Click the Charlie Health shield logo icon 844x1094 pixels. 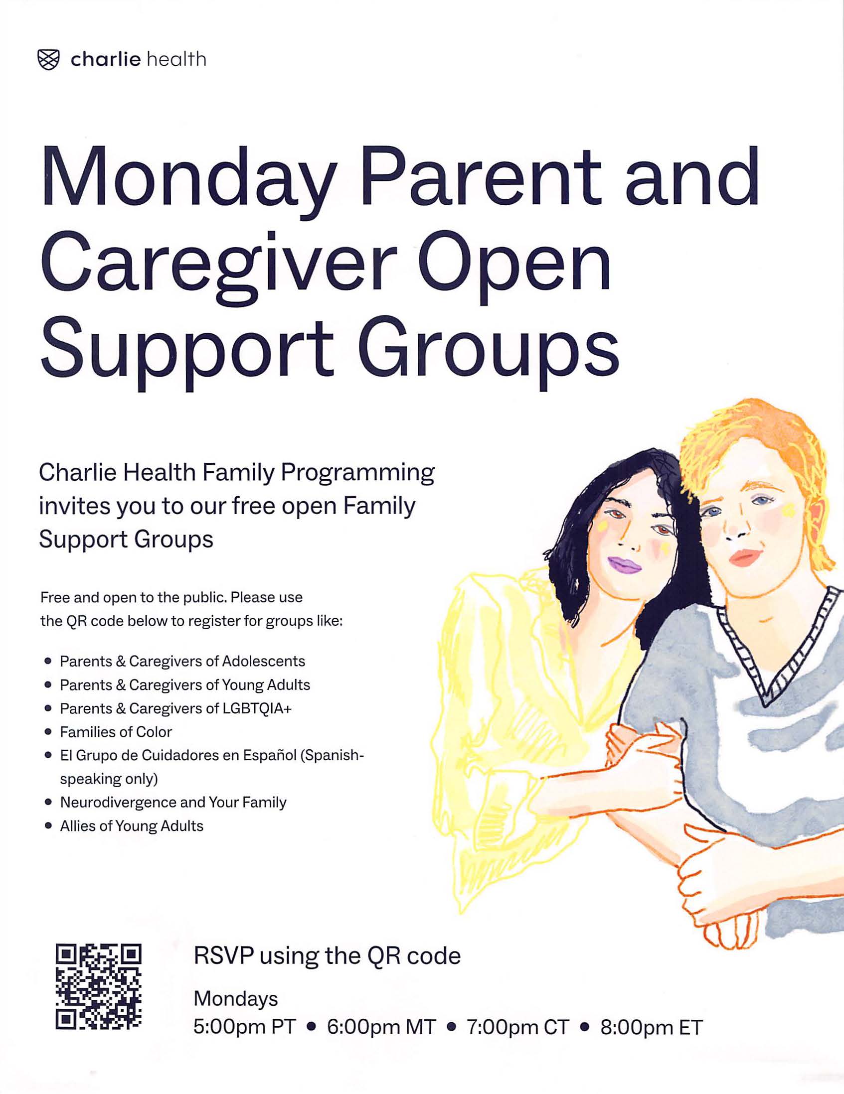[x=49, y=60]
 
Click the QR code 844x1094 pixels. [x=98, y=986]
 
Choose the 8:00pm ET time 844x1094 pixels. [x=652, y=1027]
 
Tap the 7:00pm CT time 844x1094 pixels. [x=518, y=1027]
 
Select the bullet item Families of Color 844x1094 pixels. [x=116, y=732]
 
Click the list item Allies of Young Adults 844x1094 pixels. [x=132, y=826]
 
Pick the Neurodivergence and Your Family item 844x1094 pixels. [x=173, y=803]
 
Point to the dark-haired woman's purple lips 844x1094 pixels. [x=624, y=565]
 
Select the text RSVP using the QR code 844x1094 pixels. [x=327, y=956]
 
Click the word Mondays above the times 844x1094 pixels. [x=236, y=999]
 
